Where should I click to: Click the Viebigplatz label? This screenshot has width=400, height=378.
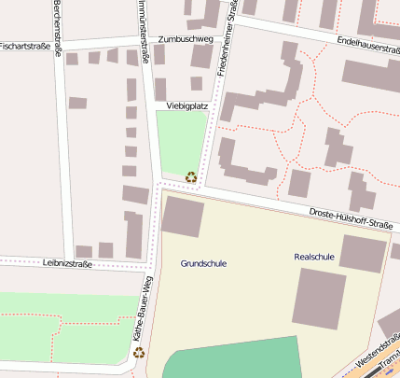click(x=186, y=106)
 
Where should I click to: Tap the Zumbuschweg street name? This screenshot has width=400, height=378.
click(x=186, y=40)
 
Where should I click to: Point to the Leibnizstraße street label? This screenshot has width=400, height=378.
click(x=68, y=264)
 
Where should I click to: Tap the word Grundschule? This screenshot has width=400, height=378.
click(x=203, y=264)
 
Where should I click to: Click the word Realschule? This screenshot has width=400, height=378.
click(x=313, y=256)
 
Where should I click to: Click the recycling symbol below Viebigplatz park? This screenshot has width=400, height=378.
click(x=191, y=176)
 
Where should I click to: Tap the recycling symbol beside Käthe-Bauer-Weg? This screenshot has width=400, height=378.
click(x=139, y=352)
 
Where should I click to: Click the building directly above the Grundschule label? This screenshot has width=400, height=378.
click(x=183, y=217)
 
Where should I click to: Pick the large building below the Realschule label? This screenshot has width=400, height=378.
click(x=319, y=299)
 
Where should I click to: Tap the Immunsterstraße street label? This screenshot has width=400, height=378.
click(x=145, y=28)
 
